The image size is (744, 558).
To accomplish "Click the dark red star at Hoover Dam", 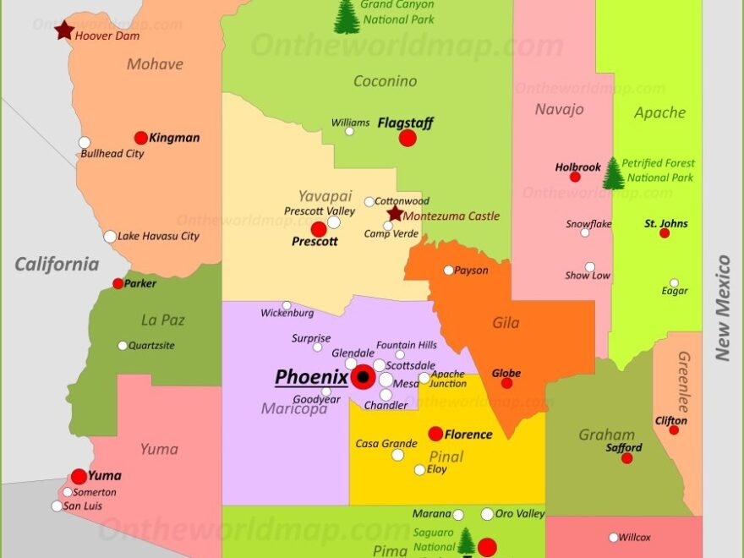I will (64, 30).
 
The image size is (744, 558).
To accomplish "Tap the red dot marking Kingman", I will (141, 138).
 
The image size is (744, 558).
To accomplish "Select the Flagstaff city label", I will (405, 123).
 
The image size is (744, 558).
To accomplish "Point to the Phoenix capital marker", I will (364, 377).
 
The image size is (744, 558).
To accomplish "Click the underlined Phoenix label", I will (311, 377).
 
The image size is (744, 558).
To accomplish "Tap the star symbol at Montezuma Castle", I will (395, 214).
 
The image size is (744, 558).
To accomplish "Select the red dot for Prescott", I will (319, 229).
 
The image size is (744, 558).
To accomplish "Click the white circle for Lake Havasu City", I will (110, 237).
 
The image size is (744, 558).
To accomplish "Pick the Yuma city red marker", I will (79, 476).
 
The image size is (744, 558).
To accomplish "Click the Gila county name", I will (506, 323).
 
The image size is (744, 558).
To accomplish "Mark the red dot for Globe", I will (506, 383).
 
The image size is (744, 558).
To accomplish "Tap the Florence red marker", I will (435, 434).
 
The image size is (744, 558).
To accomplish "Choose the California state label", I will (57, 265).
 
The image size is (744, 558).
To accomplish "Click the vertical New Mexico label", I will (723, 308).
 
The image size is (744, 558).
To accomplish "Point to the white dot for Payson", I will (449, 271).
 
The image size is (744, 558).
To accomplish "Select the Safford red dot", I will (626, 458).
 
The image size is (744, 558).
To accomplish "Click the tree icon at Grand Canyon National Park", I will (347, 17).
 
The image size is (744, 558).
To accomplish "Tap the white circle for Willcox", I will (614, 537).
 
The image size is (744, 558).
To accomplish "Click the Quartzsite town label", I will (151, 345).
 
